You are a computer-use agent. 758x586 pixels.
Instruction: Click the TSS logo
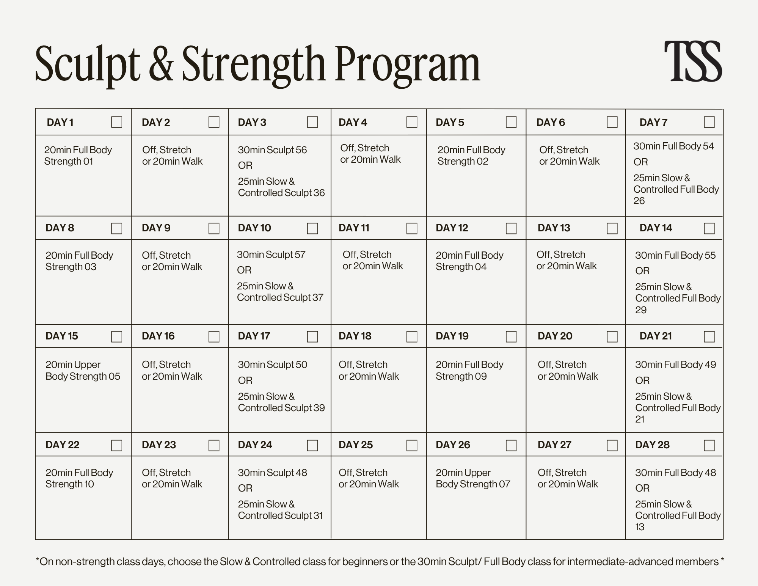pos(693,61)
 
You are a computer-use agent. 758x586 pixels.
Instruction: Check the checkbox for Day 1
pos(116,122)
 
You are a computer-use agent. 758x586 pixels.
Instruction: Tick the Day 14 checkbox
pos(709,228)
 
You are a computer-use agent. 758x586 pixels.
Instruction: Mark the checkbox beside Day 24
pos(312,445)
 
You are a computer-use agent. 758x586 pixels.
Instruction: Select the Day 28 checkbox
pos(709,445)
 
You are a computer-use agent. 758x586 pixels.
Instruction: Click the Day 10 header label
pos(254,228)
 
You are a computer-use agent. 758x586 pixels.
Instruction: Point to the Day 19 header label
pos(452,336)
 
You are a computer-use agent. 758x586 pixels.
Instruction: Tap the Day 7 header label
pos(653,123)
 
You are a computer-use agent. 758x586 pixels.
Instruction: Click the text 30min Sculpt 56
pos(272,150)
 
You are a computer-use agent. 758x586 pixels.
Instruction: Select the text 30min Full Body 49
pos(675,364)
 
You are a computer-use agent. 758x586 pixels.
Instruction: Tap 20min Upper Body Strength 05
pos(83,371)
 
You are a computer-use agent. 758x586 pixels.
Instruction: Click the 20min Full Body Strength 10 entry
pos(79,478)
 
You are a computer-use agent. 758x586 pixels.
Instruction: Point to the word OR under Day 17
pos(245,380)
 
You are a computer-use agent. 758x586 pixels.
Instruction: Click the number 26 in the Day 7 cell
pos(639,201)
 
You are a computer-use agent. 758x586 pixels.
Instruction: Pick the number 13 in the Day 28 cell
pos(640,527)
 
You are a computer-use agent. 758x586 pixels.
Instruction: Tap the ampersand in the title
pos(161,64)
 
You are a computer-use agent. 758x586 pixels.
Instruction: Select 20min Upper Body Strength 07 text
pos(473,478)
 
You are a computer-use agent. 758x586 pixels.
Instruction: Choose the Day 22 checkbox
pos(116,445)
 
